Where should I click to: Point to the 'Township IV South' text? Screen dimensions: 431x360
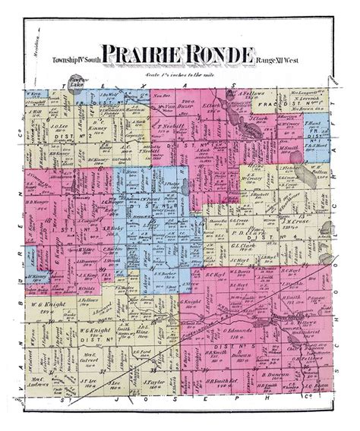coord(78,58)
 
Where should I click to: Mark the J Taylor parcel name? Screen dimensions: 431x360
coord(155,403)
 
